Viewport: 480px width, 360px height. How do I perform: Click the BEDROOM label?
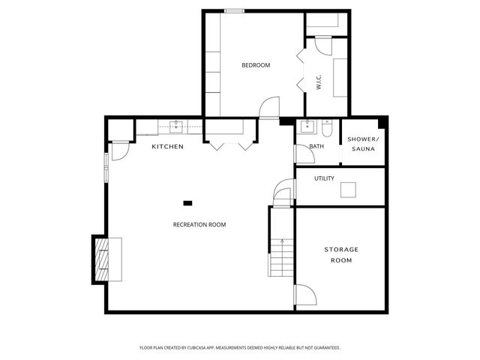pos(255,65)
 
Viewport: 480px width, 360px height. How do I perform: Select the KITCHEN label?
pos(167,146)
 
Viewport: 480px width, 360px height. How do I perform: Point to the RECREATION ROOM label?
pos(199,224)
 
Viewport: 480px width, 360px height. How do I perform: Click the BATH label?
pos(316,146)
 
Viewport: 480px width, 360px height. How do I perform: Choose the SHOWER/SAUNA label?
pos(364,145)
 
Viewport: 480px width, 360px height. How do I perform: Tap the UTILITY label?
pos(324,178)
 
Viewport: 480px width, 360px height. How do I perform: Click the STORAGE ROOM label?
pos(341,254)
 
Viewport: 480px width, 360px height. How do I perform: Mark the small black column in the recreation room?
pos(187,202)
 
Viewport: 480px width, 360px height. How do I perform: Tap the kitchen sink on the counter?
pos(177,126)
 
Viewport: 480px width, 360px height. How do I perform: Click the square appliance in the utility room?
pos(348,190)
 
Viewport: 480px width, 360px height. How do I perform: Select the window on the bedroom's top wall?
pos(234,10)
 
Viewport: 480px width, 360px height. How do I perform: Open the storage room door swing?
pos(304,297)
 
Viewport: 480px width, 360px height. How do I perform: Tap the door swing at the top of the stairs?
pos(283,193)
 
